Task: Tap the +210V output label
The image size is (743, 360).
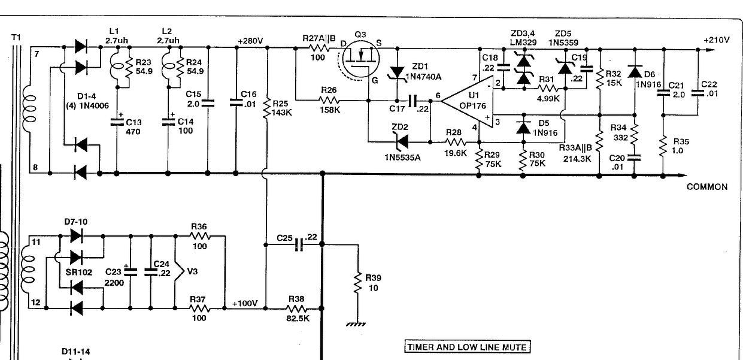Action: [717, 40]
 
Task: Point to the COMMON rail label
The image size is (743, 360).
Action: [707, 187]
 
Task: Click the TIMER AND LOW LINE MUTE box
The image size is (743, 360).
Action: [468, 347]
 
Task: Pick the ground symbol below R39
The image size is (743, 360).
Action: [356, 324]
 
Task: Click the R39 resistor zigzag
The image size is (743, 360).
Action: [358, 283]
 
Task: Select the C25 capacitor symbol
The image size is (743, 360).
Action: [299, 245]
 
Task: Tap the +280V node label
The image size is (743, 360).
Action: [250, 41]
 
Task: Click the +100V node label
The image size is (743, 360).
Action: [245, 304]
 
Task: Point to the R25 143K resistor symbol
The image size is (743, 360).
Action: [267, 109]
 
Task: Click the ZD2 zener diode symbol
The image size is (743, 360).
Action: [402, 142]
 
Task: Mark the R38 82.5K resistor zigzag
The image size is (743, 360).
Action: [296, 308]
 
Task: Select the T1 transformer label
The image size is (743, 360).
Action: [16, 37]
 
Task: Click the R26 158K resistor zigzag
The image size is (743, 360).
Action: [329, 100]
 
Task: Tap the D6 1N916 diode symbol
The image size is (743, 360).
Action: [635, 71]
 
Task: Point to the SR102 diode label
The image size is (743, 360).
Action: [78, 272]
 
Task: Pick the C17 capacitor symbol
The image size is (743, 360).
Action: [413, 101]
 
